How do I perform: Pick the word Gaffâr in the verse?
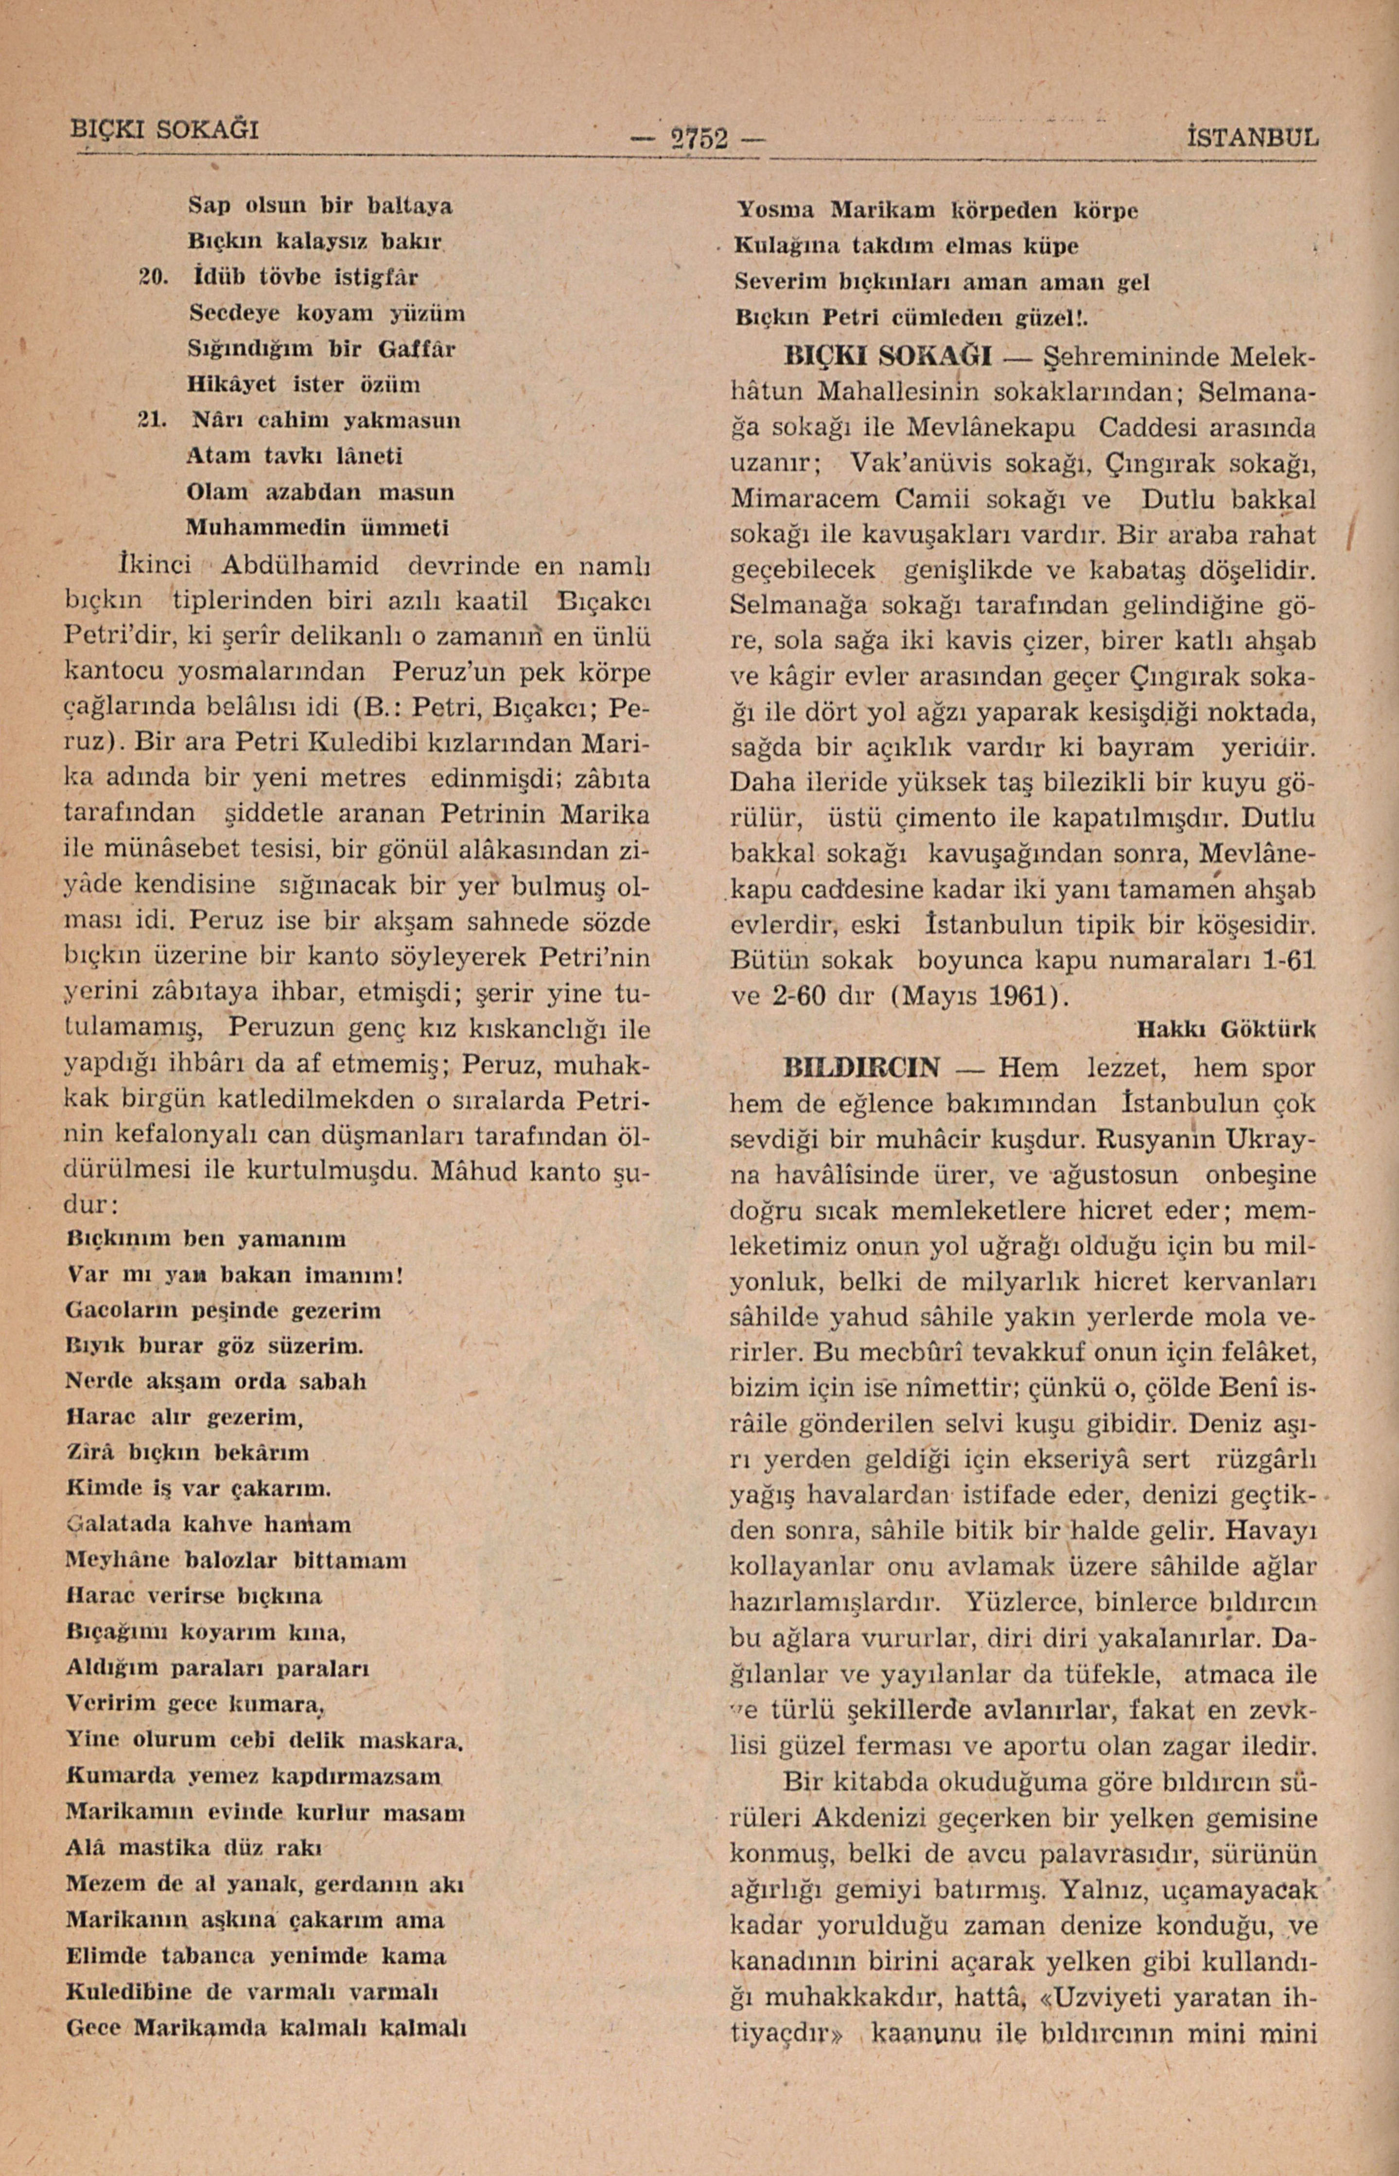(417, 348)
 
